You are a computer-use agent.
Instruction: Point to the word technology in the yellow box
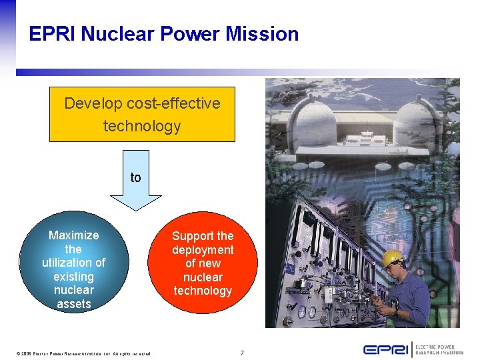click(142, 126)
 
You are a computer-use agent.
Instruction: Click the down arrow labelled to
click(136, 183)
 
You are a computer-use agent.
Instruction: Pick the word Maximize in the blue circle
click(73, 235)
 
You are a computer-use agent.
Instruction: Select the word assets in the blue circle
click(73, 304)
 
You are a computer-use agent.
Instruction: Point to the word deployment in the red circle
click(203, 250)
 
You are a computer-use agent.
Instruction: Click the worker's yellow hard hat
click(393, 257)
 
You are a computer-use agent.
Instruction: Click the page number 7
click(242, 353)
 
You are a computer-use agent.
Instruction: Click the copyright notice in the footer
click(84, 353)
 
